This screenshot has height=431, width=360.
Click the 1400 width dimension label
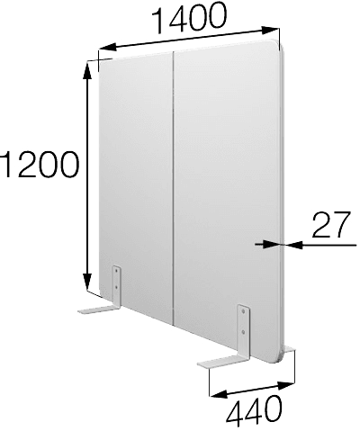click(188, 18)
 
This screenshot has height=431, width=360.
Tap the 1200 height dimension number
click(40, 165)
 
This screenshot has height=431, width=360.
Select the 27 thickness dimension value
click(331, 224)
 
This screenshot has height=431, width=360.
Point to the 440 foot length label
click(254, 412)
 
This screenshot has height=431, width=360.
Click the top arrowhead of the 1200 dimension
click(87, 70)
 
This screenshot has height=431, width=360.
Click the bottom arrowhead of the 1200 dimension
click(87, 282)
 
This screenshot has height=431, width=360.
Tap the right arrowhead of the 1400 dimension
click(270, 31)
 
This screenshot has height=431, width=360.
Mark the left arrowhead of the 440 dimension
click(219, 394)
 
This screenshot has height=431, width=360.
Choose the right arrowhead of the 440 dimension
click(286, 385)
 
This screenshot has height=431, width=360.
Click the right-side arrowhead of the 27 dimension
click(293, 245)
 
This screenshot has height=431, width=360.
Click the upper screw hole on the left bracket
click(117, 271)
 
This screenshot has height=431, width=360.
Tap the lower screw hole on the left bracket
click(117, 287)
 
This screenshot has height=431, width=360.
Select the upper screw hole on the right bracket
click(243, 311)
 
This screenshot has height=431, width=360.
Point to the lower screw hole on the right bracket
click(243, 332)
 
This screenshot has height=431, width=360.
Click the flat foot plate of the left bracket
click(98, 310)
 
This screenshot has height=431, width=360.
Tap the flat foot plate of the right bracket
click(224, 361)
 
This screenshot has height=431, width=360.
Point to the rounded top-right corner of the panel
click(277, 45)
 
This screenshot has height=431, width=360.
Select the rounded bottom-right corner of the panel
click(277, 358)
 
